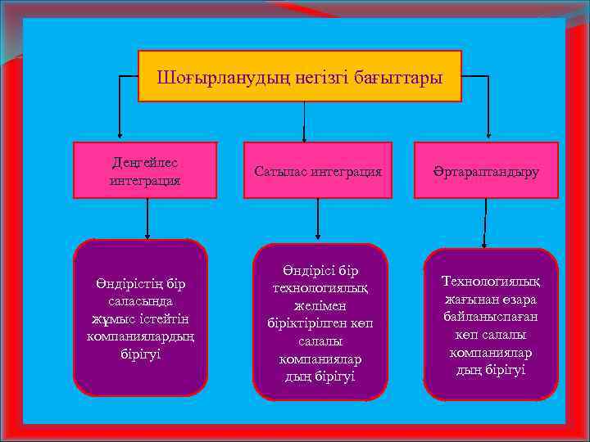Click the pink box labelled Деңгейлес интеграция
pos(145,170)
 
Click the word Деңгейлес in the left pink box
pos(145,162)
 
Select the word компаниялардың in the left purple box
pos(141,336)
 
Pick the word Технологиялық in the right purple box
pos(491,282)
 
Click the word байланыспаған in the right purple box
pos(491,317)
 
